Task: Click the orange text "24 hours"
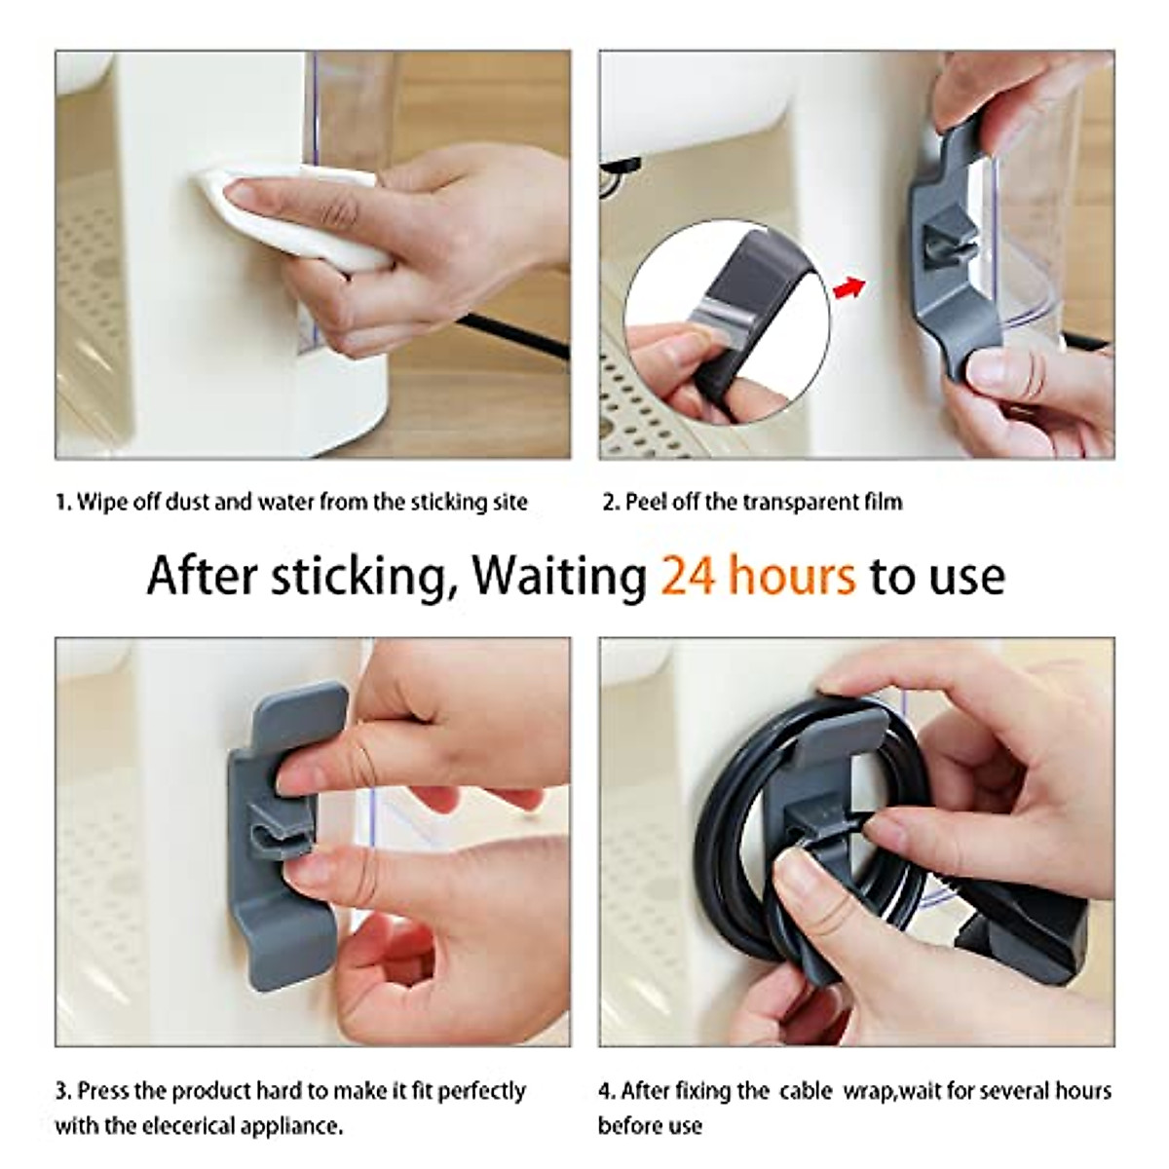(758, 576)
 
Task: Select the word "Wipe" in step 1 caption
(99, 503)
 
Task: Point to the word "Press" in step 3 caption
(105, 1063)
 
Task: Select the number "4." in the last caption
(606, 1063)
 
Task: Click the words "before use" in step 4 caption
(650, 1100)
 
